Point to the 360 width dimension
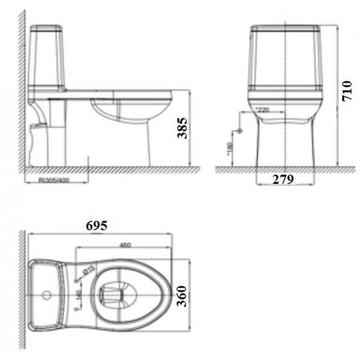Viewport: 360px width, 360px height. tap(183, 295)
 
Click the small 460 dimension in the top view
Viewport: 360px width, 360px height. tap(125, 245)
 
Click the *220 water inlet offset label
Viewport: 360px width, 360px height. tap(262, 110)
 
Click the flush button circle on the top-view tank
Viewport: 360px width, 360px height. tap(46, 295)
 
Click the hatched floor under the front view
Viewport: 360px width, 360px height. tap(276, 170)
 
